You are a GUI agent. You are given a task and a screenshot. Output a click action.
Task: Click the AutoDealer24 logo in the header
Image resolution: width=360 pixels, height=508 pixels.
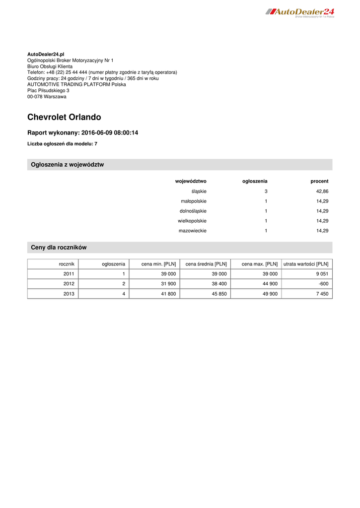tap(300, 12)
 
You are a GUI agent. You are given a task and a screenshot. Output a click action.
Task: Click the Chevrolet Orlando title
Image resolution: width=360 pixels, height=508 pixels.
tap(64, 118)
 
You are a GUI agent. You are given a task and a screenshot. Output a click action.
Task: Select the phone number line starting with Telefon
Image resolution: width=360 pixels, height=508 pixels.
tap(102, 72)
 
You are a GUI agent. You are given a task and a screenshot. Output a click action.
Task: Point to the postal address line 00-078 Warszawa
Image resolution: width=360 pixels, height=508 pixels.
tap(47, 97)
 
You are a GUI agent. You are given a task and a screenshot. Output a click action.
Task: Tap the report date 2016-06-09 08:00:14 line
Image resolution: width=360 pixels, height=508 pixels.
tap(82, 133)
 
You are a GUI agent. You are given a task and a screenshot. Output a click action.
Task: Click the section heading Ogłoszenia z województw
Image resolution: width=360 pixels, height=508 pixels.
tap(67, 165)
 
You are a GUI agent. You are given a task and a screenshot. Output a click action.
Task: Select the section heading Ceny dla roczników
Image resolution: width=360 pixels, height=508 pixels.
tap(59, 248)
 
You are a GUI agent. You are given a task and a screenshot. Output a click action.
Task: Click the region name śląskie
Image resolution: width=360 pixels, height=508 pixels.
tap(199, 191)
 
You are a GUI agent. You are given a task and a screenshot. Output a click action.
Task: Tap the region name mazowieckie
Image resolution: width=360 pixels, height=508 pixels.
tap(192, 231)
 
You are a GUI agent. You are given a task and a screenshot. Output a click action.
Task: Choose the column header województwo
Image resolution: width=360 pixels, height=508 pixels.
tap(191, 182)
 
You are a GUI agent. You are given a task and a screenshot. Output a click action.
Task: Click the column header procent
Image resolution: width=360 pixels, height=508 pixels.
tap(319, 182)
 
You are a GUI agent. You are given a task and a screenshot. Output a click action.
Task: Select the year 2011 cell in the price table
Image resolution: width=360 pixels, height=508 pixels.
tap(69, 274)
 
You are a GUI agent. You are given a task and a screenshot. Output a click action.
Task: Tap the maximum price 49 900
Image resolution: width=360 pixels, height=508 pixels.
tap(267, 294)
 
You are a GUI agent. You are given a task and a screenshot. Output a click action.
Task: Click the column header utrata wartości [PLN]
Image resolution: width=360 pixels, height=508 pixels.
tap(306, 264)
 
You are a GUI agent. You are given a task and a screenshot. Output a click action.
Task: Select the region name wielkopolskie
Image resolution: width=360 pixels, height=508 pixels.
tap(192, 221)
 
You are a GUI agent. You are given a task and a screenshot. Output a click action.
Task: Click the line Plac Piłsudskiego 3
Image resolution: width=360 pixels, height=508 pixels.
tap(48, 91)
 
